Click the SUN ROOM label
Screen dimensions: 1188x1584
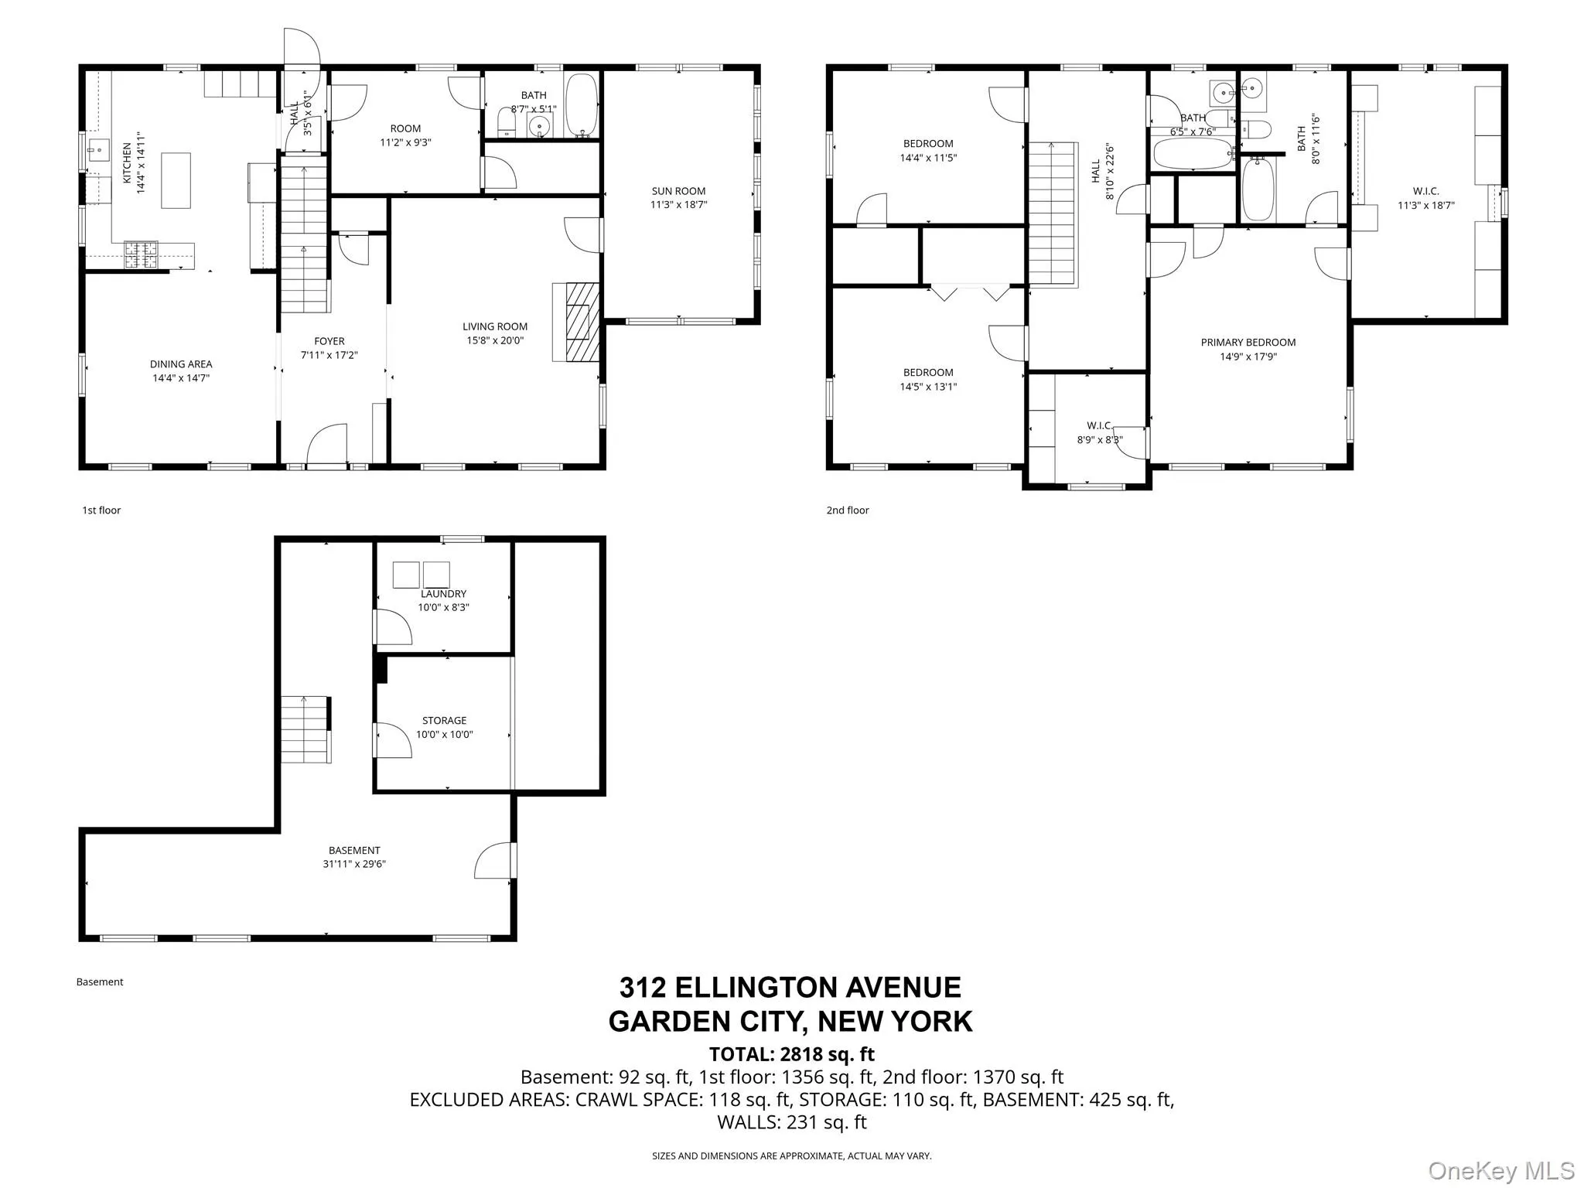[x=678, y=191]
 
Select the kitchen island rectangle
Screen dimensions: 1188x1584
[x=176, y=180]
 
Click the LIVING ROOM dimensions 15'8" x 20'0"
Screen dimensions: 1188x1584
[x=495, y=340]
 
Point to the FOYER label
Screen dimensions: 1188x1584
[x=329, y=341]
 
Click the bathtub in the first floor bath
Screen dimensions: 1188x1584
[x=580, y=105]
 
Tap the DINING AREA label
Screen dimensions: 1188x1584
[x=181, y=364]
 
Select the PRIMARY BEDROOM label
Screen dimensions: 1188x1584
[x=1248, y=343]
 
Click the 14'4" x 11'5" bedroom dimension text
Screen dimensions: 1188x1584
[x=928, y=158]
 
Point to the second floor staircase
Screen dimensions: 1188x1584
[x=1053, y=213]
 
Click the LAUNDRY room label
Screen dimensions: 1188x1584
[x=443, y=594]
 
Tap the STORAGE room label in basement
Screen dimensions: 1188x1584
[x=444, y=720]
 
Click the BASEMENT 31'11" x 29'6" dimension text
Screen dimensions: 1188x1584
[x=354, y=864]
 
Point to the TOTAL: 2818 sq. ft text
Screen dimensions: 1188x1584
[x=791, y=1054]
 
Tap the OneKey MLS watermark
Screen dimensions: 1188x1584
[x=1500, y=1170]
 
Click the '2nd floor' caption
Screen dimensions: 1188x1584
[x=848, y=510]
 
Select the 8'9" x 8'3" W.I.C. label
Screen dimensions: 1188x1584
[x=1099, y=440]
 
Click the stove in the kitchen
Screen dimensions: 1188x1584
[x=142, y=254]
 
